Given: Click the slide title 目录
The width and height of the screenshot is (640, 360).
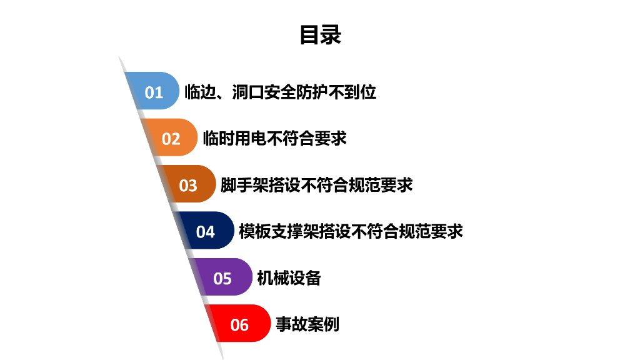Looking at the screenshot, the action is point(320,35).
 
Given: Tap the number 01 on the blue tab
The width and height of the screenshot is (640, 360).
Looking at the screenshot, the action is point(154,92).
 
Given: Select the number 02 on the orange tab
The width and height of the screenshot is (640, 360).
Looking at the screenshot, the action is point(171,139).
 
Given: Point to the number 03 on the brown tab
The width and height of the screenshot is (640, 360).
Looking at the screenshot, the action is point(188,186).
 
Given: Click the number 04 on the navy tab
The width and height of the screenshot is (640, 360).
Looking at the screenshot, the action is point(205,232).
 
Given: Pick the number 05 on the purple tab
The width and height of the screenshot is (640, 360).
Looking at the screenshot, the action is point(222,278).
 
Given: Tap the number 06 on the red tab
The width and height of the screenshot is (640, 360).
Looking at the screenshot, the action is point(239,325).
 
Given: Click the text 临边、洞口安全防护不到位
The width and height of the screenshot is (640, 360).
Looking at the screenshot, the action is point(281,92).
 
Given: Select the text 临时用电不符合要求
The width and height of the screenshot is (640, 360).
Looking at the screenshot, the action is point(274,138).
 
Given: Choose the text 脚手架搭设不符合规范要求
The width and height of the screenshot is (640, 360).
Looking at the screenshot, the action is point(316,185).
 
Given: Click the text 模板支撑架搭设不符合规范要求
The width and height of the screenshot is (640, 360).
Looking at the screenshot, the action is point(351,231).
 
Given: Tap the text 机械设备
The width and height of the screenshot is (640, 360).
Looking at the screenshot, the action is point(289,278).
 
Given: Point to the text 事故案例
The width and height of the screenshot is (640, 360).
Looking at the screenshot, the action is point(307,324).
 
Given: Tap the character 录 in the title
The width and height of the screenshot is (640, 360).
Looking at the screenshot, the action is point(331,35).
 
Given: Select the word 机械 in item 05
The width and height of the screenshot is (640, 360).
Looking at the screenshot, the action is point(273,278).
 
